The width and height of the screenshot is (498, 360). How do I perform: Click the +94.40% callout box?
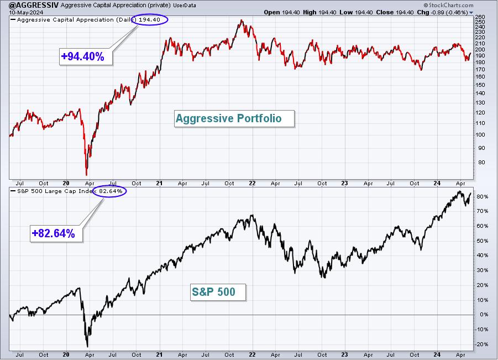[x=86, y=56]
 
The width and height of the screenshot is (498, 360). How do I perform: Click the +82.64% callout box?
[x=56, y=233]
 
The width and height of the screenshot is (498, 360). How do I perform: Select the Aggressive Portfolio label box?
[x=234, y=118]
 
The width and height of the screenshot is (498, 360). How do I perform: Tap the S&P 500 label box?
[x=218, y=292]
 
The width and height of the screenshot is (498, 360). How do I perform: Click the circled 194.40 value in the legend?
[x=150, y=20]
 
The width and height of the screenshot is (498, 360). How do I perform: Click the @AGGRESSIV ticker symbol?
[x=34, y=5]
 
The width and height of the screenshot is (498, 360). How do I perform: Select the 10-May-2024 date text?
[x=22, y=12]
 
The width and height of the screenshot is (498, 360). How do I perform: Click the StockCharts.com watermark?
[x=448, y=5]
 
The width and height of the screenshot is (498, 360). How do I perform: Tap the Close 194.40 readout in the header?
[x=395, y=12]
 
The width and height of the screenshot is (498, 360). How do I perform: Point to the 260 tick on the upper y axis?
[x=480, y=17]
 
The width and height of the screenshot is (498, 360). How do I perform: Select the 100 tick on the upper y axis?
[x=480, y=135]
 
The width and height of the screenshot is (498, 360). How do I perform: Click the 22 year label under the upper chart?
[x=252, y=184]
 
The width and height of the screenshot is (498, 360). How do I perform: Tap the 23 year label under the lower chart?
[x=344, y=355]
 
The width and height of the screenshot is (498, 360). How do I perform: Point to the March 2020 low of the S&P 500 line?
[x=87, y=347]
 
